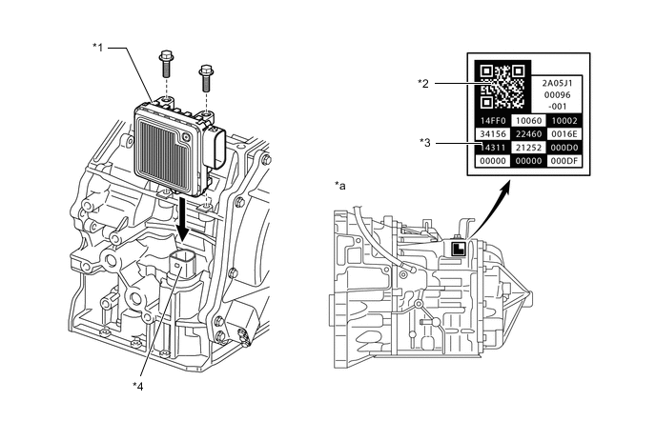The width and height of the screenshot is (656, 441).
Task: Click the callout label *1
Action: coord(99,46)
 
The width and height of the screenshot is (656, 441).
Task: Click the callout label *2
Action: coord(423,83)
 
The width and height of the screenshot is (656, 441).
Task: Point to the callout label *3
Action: coord(423,142)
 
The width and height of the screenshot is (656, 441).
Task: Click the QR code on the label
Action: coord(502,86)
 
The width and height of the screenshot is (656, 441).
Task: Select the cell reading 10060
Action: coord(528,122)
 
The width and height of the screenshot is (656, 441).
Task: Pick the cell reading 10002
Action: coord(564,122)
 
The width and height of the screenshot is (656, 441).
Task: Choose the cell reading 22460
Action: coord(528,135)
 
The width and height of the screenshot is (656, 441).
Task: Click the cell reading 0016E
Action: coord(564,135)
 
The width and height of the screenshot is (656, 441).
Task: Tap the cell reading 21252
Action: coord(528,149)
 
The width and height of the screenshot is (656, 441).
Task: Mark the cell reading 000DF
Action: coord(564,162)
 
